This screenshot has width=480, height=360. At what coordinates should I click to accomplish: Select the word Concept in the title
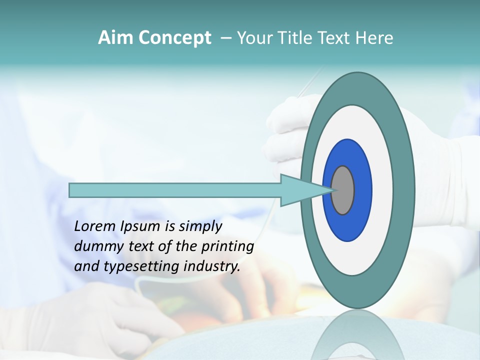click(175, 38)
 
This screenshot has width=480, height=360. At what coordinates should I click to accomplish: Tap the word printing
click(227, 246)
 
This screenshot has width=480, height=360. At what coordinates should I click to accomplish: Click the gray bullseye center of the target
click(343, 190)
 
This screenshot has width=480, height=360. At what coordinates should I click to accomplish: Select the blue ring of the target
click(361, 190)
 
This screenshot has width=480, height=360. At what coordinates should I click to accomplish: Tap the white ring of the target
click(382, 190)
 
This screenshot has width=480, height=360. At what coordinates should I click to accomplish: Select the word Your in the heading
click(254, 37)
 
